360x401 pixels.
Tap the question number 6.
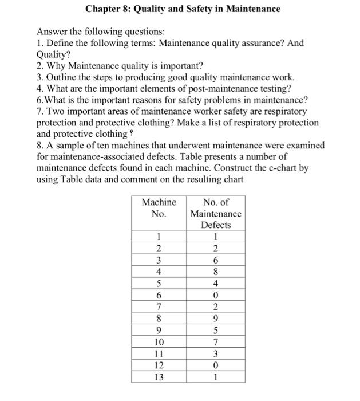(39, 99)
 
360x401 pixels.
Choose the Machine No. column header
(159, 208)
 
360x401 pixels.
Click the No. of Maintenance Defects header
(216, 213)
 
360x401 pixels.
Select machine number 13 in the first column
(159, 378)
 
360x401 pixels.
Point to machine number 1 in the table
(159, 237)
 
